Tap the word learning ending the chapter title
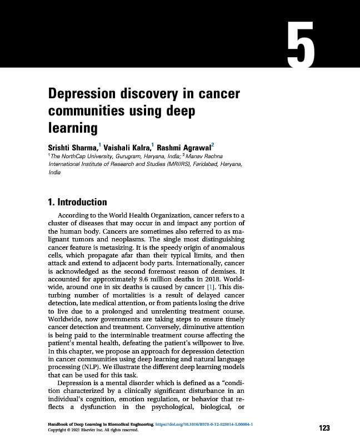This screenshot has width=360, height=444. tap(73, 128)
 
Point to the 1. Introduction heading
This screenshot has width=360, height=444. tap(78, 202)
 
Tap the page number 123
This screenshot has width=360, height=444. tap(324, 428)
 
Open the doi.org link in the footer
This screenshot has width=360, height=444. tap(205, 424)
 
